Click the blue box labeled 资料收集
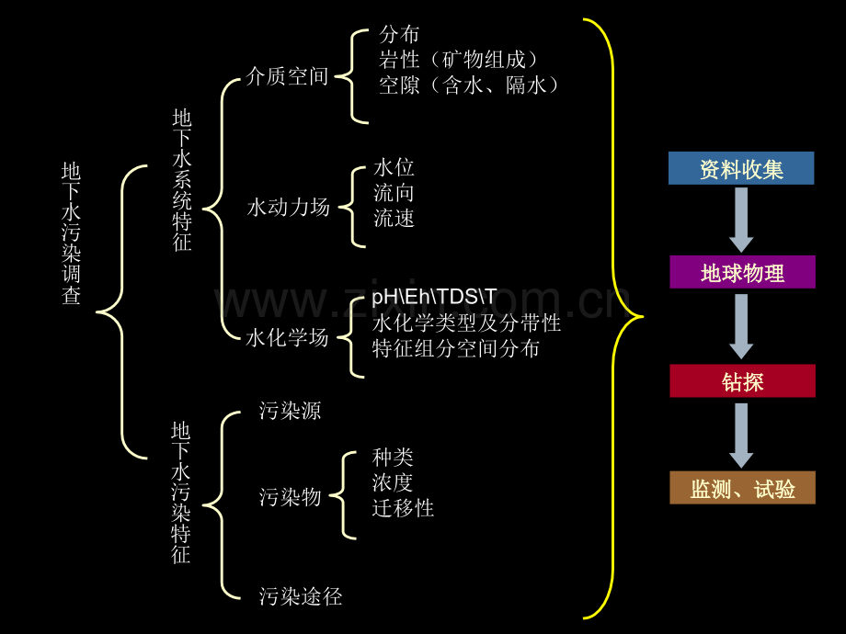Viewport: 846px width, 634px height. pos(741,168)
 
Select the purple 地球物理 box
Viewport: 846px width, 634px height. pos(742,272)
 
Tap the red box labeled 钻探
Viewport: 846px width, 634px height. pos(742,381)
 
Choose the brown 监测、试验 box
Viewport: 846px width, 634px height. pos(742,488)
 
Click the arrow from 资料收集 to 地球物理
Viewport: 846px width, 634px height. pos(741,220)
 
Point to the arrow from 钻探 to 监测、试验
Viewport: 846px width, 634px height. pos(741,436)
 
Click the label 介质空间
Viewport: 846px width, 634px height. pos(287,76)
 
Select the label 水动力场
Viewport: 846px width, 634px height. pos(288,207)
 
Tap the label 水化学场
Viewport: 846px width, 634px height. pos(287,337)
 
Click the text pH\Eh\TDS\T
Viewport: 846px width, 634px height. pos(434,297)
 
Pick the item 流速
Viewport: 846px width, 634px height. pos(394,219)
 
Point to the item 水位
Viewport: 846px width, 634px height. pos(394,167)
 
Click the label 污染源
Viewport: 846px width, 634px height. pos(291,411)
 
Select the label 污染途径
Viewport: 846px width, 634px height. pos(301,596)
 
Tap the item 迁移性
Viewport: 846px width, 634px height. pos(403,508)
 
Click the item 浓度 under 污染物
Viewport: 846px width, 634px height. pos(393,482)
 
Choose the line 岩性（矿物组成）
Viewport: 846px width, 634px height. pos(459,60)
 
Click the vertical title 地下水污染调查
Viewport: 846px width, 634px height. pos(71,233)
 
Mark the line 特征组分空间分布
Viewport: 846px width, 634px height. pos(456,348)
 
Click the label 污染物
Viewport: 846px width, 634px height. pos(291,496)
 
